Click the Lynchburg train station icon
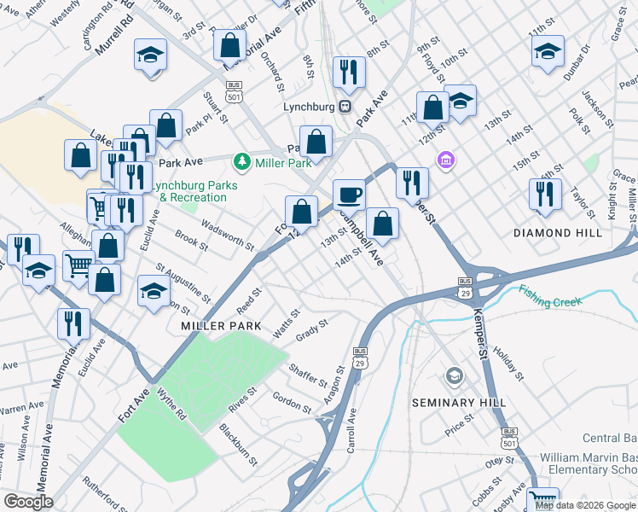pos(345,107)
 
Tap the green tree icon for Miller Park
pos(242,161)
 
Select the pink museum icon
pos(444,160)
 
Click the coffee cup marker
pos(348,194)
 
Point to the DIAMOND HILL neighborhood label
pos(558,232)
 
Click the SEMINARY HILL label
pos(459,402)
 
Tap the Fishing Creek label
pos(549,301)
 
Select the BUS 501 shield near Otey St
pos(510,437)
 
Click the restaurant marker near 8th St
pos(348,72)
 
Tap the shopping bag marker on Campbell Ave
pos(383,224)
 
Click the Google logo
pos(28,502)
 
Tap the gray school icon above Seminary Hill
pos(455,375)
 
